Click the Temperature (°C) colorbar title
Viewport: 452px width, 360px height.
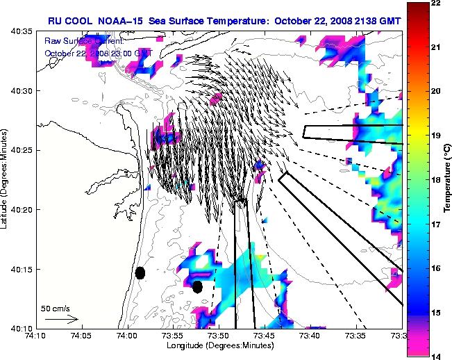tap(446, 180)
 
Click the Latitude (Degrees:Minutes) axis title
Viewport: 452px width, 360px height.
tap(6, 180)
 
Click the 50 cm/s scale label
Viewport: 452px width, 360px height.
tap(55, 307)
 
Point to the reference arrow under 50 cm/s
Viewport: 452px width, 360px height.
tap(61, 319)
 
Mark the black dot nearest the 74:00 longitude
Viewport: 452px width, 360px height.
tap(140, 272)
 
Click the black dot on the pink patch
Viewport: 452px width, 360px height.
tap(197, 286)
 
